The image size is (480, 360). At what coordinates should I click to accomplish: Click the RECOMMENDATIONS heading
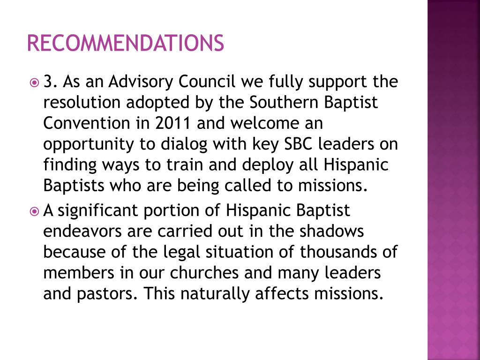pos(125,43)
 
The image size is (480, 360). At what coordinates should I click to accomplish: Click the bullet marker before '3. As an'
pos(34,83)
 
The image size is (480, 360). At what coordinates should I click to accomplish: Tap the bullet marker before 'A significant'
pos(34,211)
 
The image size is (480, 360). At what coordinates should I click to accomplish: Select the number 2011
pos(174,124)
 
